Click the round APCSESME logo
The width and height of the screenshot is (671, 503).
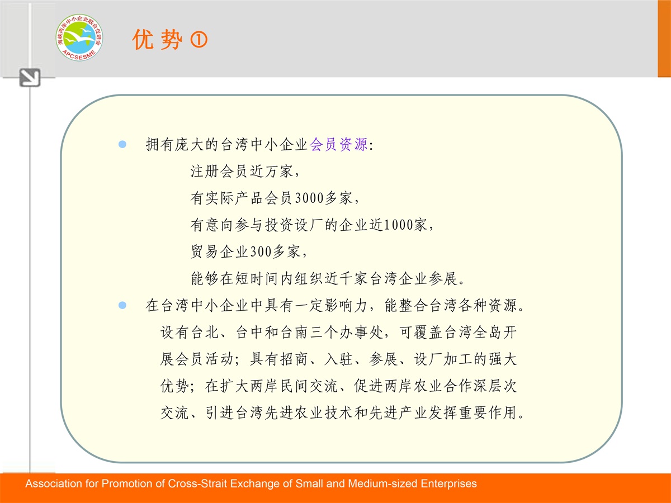pos(79,37)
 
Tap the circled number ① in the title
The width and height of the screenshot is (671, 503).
pos(199,40)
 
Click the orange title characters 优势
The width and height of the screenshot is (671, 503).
pos(158,40)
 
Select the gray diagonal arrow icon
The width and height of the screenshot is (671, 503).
pos(30,78)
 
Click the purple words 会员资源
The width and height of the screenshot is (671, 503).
pos(339,144)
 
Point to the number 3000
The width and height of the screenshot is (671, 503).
pos(309,198)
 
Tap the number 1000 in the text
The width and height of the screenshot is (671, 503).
pos(399,225)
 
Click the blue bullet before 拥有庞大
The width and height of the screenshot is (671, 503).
pos(122,144)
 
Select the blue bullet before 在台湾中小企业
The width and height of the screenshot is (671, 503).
pos(122,305)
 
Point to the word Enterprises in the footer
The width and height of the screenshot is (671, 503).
pos(449,484)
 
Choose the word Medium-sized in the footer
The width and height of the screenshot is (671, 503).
pos(382,483)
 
